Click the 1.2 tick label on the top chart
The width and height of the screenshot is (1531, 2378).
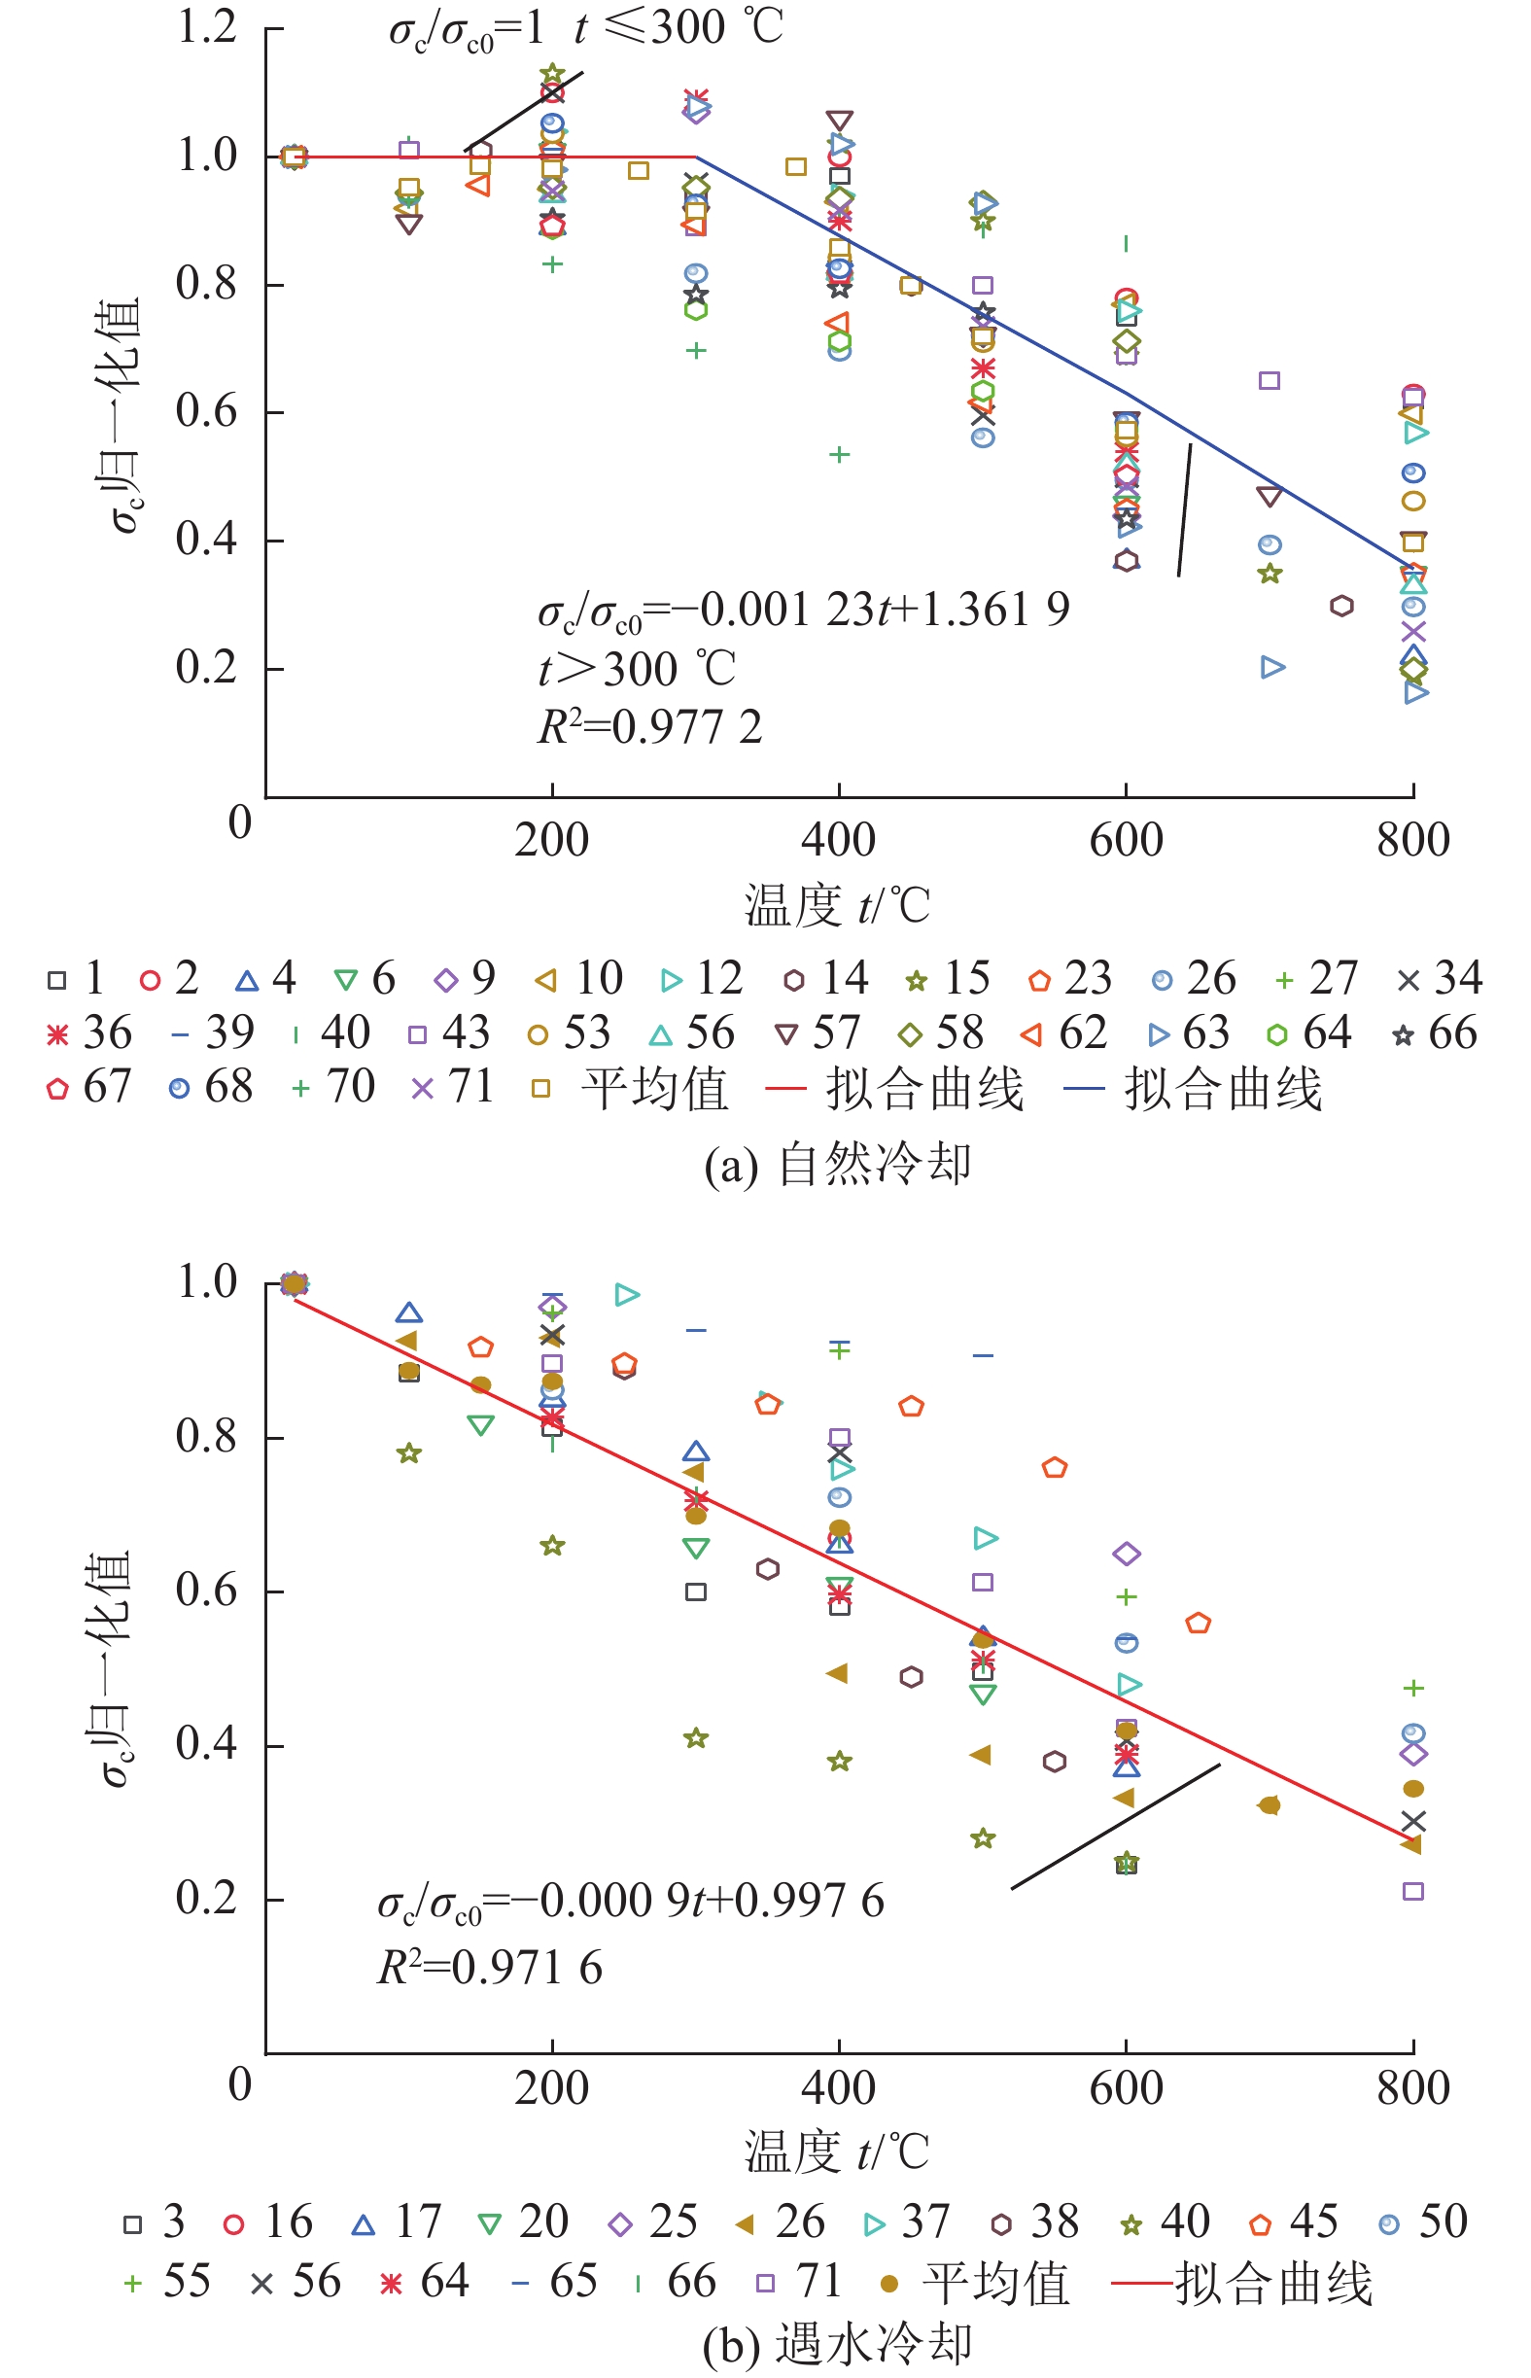(207, 27)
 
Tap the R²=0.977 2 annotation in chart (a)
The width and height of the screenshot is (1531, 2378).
(649, 728)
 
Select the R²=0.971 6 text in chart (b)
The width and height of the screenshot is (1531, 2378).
(489, 1968)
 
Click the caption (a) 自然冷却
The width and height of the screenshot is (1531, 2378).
(837, 1163)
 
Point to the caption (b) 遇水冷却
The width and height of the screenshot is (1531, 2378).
(837, 2344)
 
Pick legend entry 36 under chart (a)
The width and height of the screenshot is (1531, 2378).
(89, 1033)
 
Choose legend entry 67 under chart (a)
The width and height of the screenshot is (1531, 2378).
(89, 1087)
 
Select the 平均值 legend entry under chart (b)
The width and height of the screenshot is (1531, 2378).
(974, 2284)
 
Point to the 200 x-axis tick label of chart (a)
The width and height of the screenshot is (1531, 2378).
(551, 841)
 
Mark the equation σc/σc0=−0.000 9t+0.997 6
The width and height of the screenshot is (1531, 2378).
(630, 1902)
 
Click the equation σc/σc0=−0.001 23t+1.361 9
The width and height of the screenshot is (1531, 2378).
(803, 611)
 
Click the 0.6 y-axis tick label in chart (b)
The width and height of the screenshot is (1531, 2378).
(207, 1591)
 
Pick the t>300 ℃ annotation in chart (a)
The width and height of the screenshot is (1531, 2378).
(637, 669)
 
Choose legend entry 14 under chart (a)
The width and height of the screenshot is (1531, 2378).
(825, 979)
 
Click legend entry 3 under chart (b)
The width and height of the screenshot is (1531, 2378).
(155, 2222)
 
